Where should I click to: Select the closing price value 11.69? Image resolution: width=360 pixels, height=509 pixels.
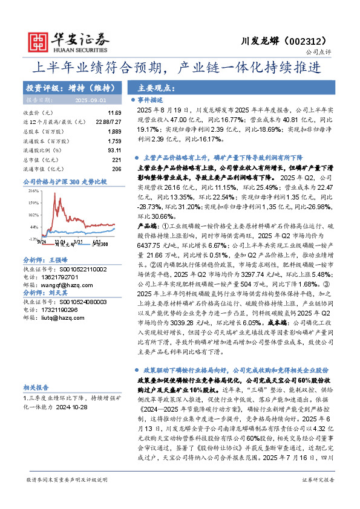click(x=114, y=113)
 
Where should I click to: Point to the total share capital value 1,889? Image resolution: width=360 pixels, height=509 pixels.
click(x=114, y=131)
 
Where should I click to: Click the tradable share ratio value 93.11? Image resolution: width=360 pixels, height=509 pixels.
click(x=114, y=150)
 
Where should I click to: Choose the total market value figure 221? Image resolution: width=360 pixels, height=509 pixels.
click(x=117, y=160)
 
